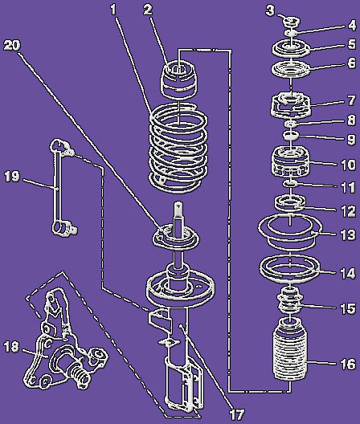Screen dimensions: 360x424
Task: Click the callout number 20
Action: point(12,46)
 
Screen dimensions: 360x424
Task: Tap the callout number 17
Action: point(237,414)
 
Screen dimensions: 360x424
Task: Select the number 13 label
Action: point(348,234)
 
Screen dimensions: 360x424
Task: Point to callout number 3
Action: point(269,10)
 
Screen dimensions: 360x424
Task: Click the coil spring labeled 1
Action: point(178,148)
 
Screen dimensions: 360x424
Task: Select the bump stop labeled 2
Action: point(179,79)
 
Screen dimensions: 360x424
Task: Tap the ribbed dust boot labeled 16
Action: point(290,349)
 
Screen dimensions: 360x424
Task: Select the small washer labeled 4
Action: point(291,33)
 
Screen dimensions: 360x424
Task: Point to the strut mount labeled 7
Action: point(290,105)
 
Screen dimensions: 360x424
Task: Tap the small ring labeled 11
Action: point(290,184)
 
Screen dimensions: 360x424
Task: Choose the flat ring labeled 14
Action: point(289,267)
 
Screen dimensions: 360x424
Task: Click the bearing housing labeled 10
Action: point(290,161)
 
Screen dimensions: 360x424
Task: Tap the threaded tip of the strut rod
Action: point(178,208)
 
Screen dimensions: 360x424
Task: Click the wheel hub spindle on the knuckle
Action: point(79,374)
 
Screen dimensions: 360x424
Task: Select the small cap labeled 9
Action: point(291,135)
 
